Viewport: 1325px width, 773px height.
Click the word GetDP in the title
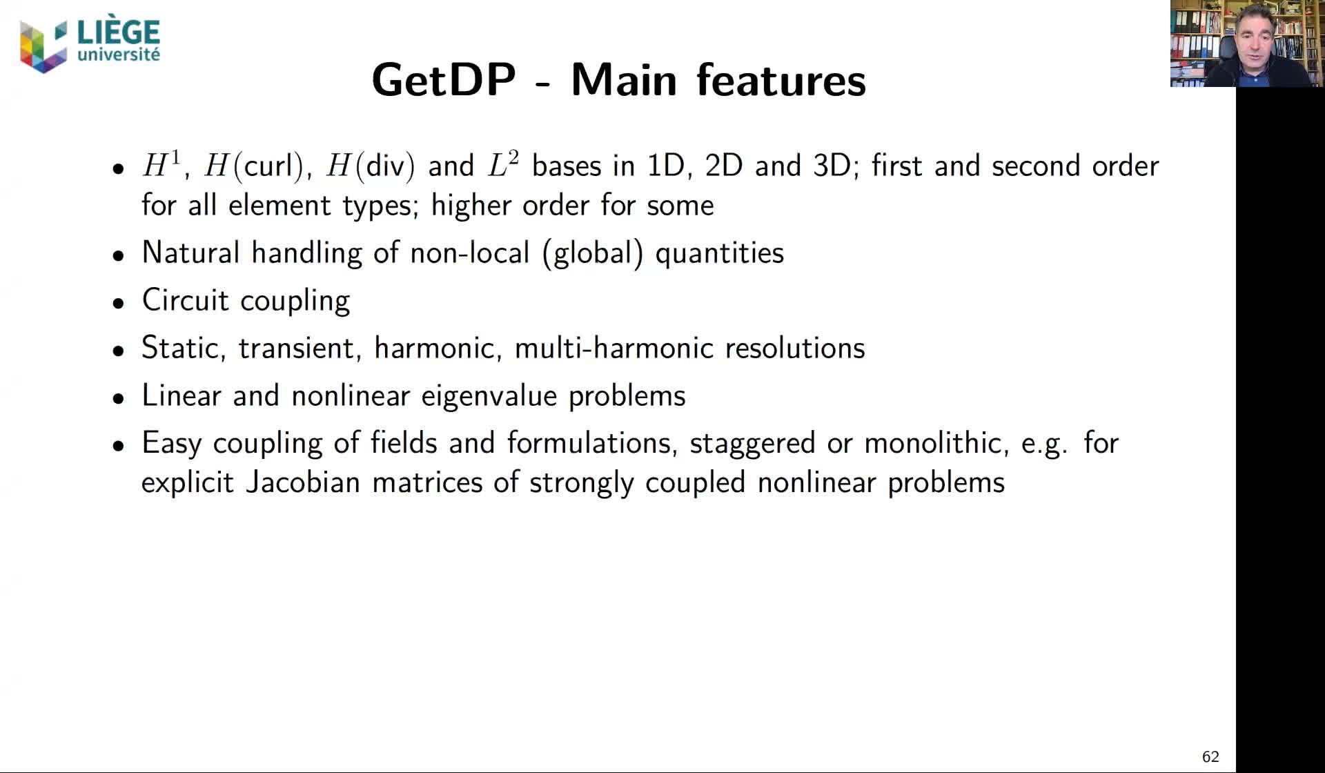(443, 80)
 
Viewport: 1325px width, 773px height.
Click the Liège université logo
(90, 46)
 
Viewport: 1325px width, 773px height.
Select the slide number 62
(1210, 756)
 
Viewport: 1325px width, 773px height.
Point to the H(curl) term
(254, 166)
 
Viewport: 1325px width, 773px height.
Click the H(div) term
(371, 166)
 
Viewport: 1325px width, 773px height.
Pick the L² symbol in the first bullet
(502, 166)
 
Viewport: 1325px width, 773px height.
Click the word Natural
(190, 253)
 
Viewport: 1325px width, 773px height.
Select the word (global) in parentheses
(593, 253)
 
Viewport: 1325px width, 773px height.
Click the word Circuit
(185, 300)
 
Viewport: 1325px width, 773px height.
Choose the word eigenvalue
(489, 396)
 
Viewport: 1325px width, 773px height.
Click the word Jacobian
(303, 482)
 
